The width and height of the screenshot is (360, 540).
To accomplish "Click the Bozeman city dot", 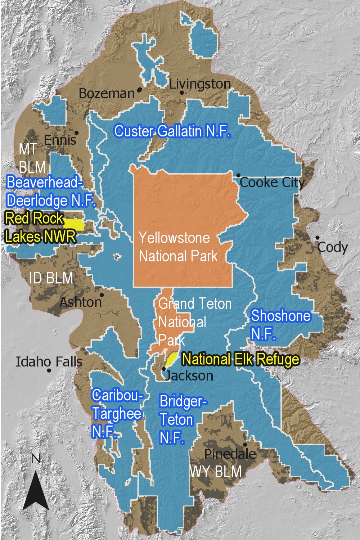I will tap(139, 90).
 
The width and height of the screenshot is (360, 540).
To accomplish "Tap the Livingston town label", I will tap(200, 84).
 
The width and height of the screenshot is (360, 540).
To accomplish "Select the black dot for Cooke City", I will tap(238, 175).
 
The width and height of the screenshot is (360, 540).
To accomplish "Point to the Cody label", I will tap(333, 247).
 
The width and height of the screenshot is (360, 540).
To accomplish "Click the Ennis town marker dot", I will tap(76, 133).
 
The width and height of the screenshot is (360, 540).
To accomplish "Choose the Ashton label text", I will tap(81, 302).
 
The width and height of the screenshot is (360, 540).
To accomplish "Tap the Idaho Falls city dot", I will tap(49, 370).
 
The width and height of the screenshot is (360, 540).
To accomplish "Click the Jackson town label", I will tap(189, 375).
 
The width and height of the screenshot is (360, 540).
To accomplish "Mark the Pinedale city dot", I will tap(245, 445).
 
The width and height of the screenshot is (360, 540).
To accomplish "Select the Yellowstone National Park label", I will tap(178, 247).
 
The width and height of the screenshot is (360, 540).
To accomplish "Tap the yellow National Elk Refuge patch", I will tap(171, 358).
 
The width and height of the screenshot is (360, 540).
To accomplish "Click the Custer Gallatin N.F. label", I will tap(172, 131).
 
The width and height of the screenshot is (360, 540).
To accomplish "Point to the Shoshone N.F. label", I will tap(280, 324).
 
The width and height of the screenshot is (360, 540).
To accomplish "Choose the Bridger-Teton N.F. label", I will tap(182, 419).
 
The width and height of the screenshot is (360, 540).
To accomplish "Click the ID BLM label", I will tap(51, 278).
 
